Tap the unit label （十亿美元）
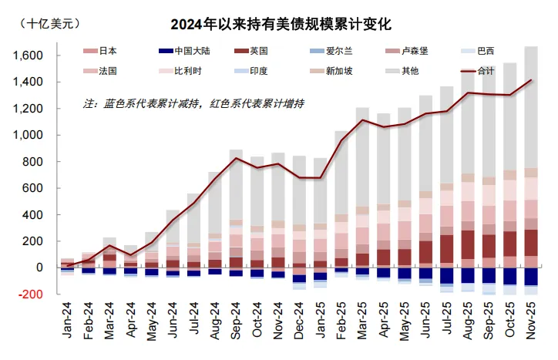(x=50, y=22)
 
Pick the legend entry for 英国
(x=258, y=52)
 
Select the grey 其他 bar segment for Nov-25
(x=530, y=108)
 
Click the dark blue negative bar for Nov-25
(x=530, y=277)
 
